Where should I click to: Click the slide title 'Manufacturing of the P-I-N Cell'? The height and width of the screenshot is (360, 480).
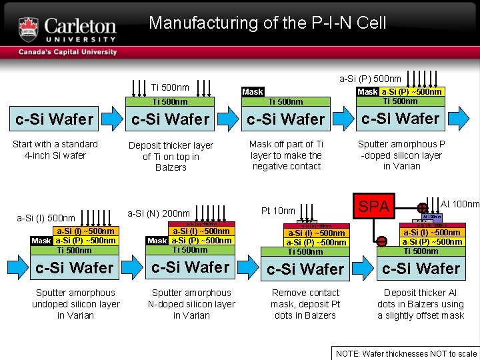(x=267, y=23)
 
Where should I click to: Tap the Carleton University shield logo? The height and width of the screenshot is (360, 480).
(x=29, y=29)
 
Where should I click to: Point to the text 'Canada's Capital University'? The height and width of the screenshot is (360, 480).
(x=67, y=52)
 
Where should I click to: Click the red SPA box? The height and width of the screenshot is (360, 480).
(x=373, y=207)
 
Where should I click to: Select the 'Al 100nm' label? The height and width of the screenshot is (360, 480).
(x=460, y=204)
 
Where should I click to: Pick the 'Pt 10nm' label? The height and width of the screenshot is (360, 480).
(x=278, y=211)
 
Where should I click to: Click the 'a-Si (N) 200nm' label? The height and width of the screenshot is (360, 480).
(x=159, y=213)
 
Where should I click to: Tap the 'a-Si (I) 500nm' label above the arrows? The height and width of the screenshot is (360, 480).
(x=46, y=218)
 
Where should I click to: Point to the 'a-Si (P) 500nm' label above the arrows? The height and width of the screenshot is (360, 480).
(x=370, y=79)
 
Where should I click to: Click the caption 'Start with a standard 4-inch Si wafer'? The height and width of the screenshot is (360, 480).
(x=56, y=149)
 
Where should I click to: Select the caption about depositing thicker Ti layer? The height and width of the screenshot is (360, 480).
(x=171, y=156)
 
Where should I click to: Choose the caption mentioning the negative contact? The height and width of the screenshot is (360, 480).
(x=287, y=155)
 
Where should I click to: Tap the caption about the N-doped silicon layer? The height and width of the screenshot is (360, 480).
(x=191, y=304)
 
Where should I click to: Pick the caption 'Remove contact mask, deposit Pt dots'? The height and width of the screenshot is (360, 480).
(x=305, y=304)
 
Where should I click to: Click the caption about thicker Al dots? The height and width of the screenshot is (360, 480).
(x=421, y=304)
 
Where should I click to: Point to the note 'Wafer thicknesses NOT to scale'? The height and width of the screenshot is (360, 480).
(x=406, y=354)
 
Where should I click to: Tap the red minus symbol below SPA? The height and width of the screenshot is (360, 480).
(x=383, y=241)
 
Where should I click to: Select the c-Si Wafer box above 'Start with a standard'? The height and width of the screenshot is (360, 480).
(x=55, y=119)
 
